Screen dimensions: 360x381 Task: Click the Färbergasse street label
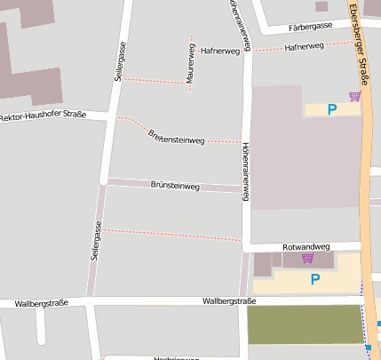point(311,27)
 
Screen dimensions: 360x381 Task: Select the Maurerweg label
point(190,65)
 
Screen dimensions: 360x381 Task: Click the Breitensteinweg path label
point(177,134)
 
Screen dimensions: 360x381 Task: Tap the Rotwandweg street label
point(306,246)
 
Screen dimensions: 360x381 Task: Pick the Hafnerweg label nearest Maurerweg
point(221,52)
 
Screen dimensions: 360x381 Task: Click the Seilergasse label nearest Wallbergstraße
point(96,241)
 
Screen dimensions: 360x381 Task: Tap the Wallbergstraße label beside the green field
point(229,301)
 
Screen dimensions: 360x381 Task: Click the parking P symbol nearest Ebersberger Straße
point(332,110)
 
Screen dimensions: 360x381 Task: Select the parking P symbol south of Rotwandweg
point(314,279)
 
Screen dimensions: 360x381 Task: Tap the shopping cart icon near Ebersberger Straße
point(355,96)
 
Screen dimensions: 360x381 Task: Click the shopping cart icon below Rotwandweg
point(307,259)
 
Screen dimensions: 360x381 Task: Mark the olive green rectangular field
point(305,324)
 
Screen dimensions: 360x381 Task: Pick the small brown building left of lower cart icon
point(262,263)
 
